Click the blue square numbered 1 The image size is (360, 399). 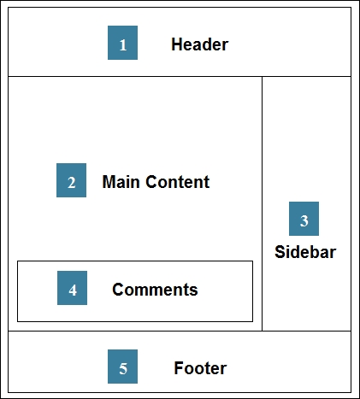tap(122, 43)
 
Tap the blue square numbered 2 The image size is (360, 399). tap(71, 180)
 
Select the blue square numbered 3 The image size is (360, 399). tap(304, 219)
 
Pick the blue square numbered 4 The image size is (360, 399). tap(72, 288)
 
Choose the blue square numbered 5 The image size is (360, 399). tap(122, 367)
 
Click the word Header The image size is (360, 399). tap(200, 44)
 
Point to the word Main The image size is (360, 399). tap(121, 182)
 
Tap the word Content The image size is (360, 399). tap(178, 182)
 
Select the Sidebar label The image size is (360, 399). tap(305, 252)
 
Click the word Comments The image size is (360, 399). tap(155, 290)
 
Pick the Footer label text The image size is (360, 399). tap(200, 368)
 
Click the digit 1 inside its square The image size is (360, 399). tap(123, 45)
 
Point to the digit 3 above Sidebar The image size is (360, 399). tap(304, 221)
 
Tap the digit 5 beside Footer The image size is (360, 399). tap(123, 369)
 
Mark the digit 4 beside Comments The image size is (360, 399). tap(73, 290)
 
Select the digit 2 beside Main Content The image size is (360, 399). tap(72, 183)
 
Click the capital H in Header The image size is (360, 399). tap(177, 44)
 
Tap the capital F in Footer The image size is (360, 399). tap(179, 368)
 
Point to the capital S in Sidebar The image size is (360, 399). tap(280, 252)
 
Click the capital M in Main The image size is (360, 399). tap(109, 182)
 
